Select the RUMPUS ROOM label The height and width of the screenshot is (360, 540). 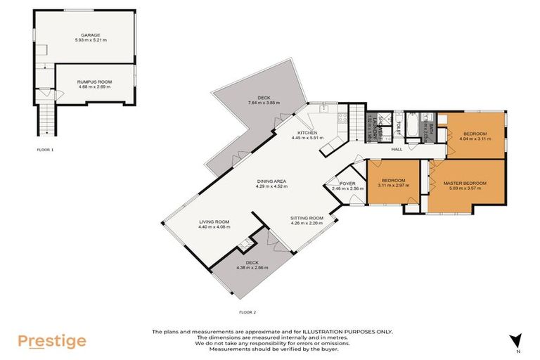point(94,82)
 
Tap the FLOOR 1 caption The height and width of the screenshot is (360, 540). point(45,150)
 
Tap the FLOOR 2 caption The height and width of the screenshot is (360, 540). point(247,310)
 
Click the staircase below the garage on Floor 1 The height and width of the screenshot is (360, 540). point(46,119)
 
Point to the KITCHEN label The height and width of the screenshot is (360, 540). point(307,133)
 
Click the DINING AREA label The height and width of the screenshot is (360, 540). point(271,181)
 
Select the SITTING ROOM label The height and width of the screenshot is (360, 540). point(307,218)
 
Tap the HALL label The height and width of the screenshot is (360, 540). point(397,149)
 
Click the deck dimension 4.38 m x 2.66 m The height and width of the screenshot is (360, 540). point(251,268)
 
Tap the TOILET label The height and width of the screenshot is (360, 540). point(398,127)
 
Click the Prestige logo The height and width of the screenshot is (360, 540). point(52,342)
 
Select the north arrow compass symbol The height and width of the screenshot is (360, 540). point(517,340)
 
